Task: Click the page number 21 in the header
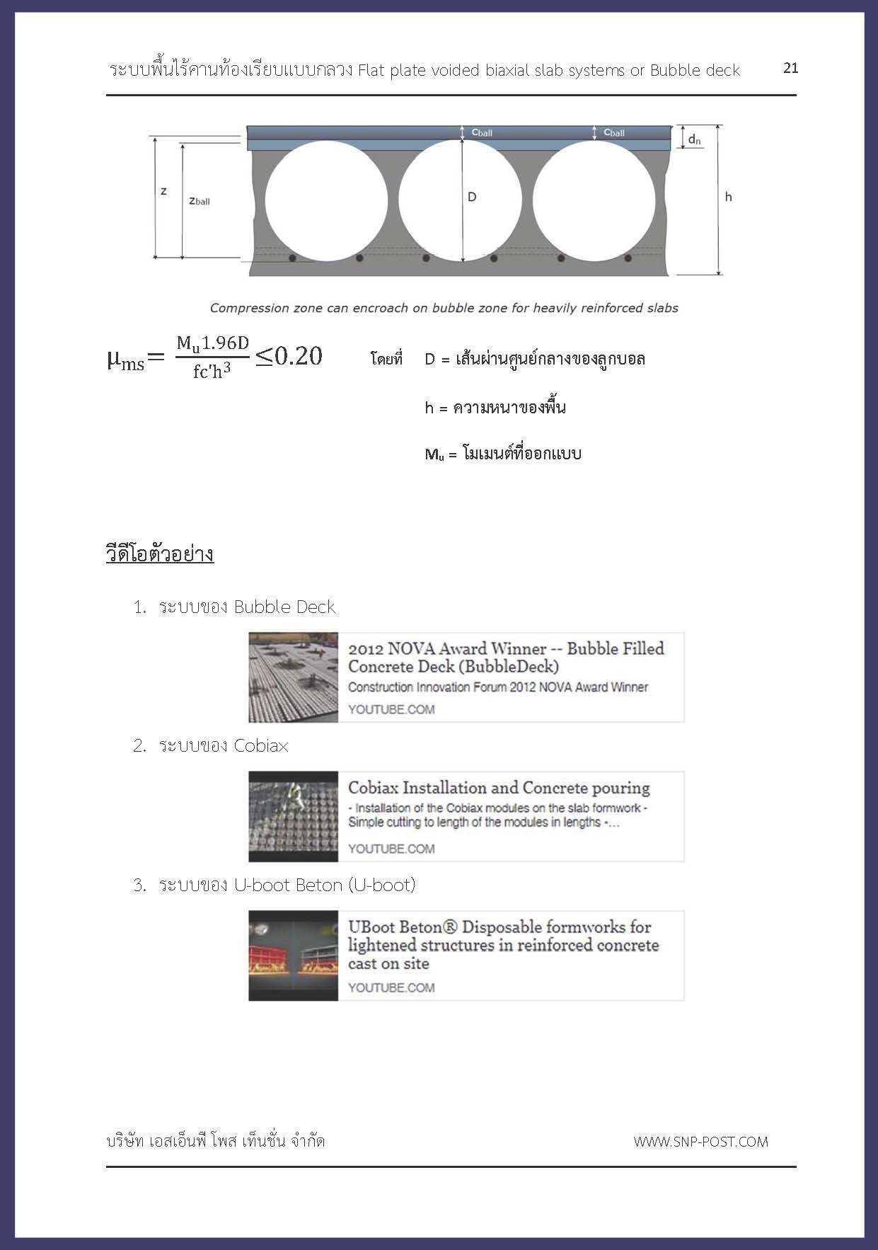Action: tap(790, 68)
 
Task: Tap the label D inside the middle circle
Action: tap(472, 197)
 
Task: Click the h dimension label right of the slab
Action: tap(728, 197)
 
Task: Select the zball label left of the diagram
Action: tap(200, 201)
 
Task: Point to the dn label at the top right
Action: tap(694, 139)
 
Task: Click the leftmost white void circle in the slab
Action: tap(326, 200)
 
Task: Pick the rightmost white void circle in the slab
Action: tap(594, 200)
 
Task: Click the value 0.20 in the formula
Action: tap(298, 356)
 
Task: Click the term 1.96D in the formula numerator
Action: tap(225, 343)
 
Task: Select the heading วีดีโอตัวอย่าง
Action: tap(160, 554)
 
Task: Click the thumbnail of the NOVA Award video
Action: tap(293, 677)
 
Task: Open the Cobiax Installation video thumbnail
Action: tap(293, 816)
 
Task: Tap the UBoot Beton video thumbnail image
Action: tap(293, 956)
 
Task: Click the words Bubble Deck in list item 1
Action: tap(284, 607)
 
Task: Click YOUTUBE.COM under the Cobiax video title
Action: tap(391, 849)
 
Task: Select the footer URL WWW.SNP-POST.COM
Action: tap(700, 1142)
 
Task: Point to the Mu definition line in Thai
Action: tap(503, 454)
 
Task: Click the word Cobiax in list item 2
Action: tap(261, 746)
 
